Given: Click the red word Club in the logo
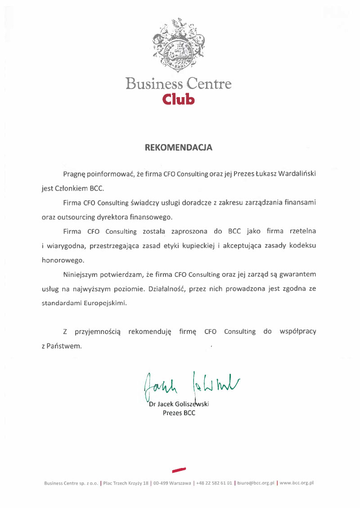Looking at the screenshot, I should point(178,98).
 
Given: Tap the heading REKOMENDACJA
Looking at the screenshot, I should point(179,147).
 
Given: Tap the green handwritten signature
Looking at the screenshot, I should point(191,385).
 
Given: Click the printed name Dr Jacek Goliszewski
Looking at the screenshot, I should point(179,404).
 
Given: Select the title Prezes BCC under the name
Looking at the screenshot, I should point(179,413).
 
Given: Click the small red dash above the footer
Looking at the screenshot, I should point(179,470).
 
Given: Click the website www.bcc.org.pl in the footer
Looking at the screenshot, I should point(297,483).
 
